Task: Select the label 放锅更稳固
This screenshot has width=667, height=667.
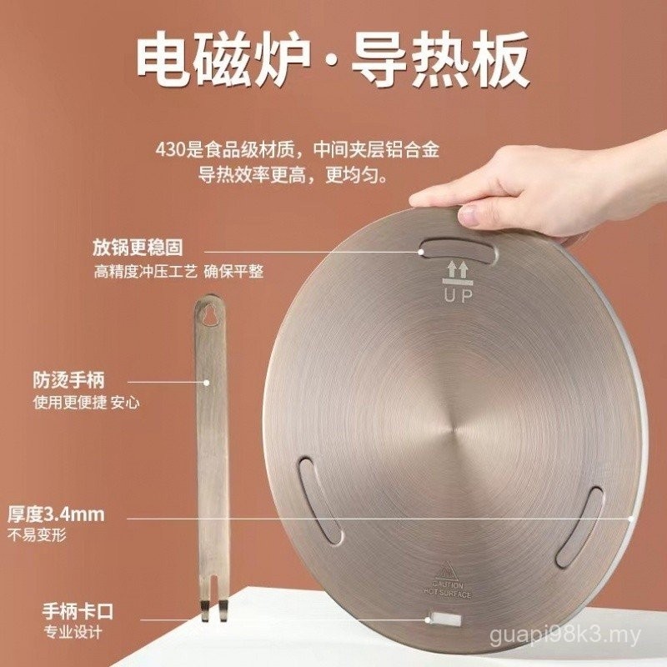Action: click(x=138, y=248)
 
